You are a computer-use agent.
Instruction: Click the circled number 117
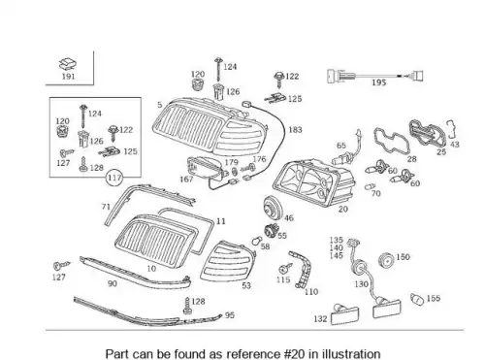(114, 178)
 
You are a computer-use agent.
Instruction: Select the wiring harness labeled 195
(375, 77)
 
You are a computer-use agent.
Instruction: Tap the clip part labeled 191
(68, 64)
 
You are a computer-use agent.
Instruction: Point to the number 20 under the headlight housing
(343, 209)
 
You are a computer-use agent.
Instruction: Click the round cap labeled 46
(272, 207)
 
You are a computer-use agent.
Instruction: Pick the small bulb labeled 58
(256, 241)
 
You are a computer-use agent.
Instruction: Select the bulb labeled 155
(417, 299)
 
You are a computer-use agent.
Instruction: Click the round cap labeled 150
(386, 260)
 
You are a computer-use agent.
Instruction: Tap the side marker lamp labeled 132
(345, 314)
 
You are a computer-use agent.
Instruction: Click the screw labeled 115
(285, 269)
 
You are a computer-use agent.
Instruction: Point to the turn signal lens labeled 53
(226, 262)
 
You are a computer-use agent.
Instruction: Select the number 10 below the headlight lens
(151, 268)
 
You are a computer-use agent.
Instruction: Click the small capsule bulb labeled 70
(370, 186)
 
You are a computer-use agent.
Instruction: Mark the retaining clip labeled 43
(451, 129)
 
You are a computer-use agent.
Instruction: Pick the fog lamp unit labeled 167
(205, 168)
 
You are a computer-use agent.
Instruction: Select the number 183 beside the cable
(295, 130)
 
